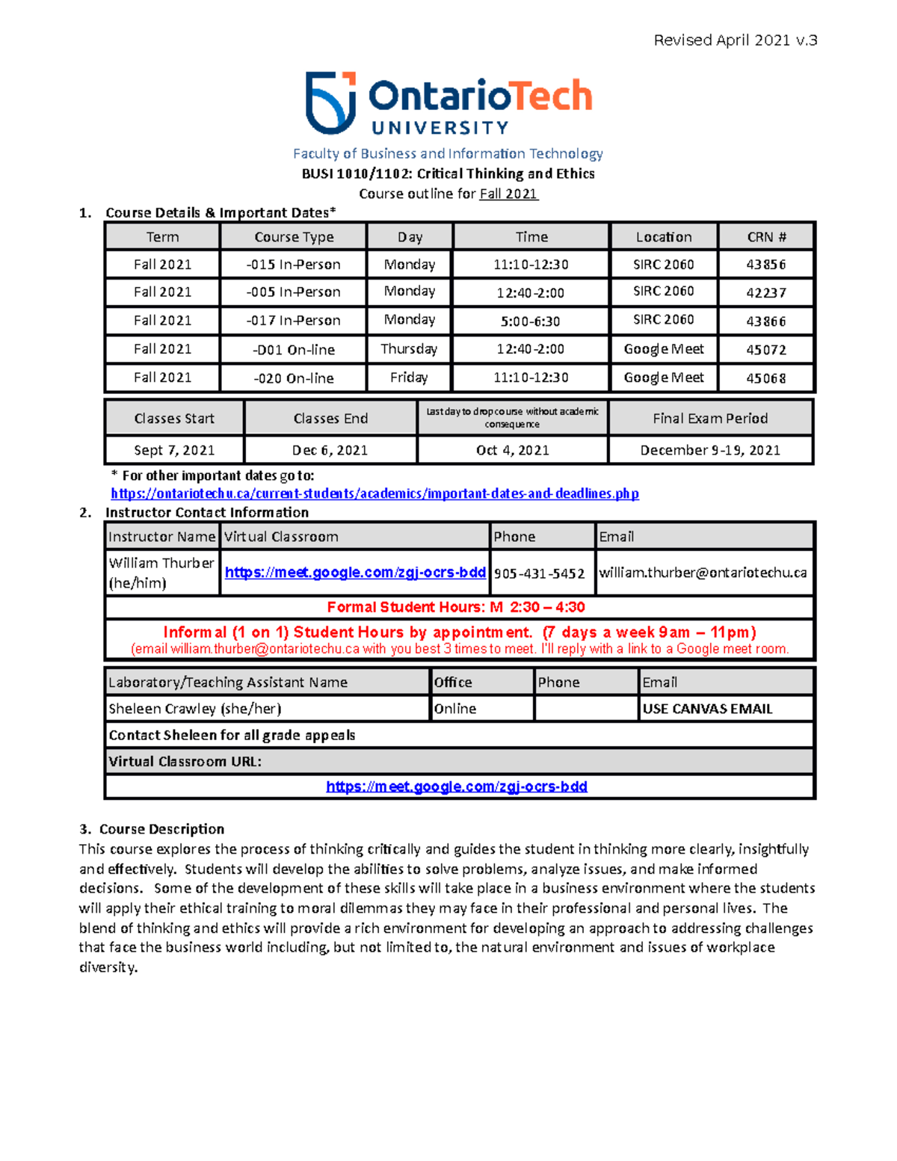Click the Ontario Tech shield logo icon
330,102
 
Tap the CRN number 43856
765,265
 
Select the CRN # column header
765,237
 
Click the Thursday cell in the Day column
409,349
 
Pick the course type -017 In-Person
293,321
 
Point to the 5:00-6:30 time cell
530,321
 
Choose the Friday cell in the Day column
409,378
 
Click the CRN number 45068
765,378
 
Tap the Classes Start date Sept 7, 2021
174,450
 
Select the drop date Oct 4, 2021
512,450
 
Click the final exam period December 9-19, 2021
710,450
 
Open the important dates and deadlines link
374,493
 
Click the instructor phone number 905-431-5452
539,573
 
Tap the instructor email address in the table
703,573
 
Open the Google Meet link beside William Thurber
355,573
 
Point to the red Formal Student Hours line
456,607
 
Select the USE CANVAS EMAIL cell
707,709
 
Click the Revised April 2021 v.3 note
735,40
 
